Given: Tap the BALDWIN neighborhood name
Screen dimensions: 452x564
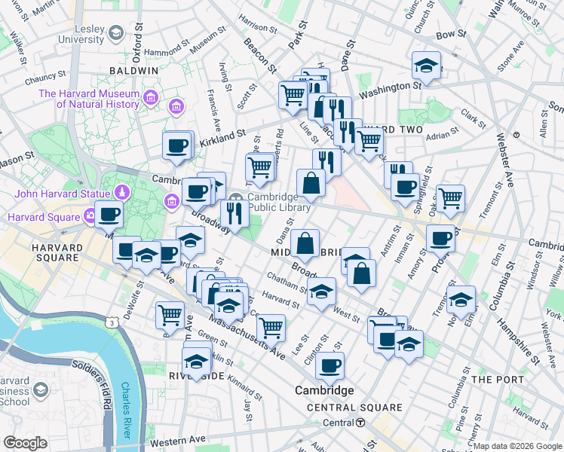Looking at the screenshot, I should (x=133, y=70).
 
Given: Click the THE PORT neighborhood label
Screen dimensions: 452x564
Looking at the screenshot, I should (x=492, y=379).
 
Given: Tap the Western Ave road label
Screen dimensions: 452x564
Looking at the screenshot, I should (x=177, y=439).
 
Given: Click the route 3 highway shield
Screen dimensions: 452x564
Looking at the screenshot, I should (x=112, y=322).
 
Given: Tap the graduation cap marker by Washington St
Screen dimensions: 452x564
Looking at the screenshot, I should (x=426, y=66).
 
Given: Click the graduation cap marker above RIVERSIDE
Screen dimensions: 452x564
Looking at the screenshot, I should (x=197, y=362).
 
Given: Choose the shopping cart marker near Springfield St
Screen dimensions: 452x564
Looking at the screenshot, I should (x=450, y=198).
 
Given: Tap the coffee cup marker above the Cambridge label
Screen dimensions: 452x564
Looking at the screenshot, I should (x=330, y=365).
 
